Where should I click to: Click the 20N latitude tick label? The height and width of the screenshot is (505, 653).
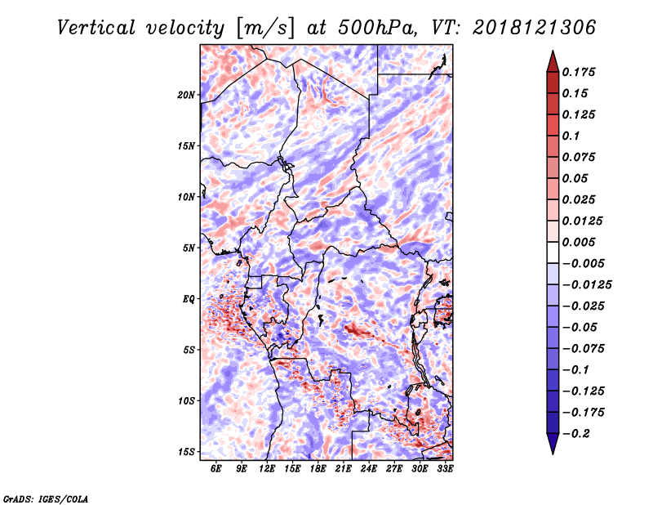pos(186,95)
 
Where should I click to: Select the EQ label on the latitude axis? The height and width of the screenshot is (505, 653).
pos(189,299)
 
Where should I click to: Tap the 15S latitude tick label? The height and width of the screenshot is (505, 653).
pos(186,452)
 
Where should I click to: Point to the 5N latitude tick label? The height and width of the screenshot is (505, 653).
pos(189,248)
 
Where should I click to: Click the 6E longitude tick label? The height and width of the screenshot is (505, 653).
pos(215,468)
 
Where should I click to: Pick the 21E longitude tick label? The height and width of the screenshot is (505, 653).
pos(344,468)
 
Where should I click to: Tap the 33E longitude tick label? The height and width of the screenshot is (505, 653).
pos(445,468)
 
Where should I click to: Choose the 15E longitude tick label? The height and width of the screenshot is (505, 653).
pos(292,468)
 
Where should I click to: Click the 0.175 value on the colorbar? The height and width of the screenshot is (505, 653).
pos(579,72)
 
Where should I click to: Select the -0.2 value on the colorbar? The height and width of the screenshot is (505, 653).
pos(576,434)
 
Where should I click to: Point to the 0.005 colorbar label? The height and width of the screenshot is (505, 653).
pos(579,242)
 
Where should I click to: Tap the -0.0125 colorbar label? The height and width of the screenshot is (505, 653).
pos(587,285)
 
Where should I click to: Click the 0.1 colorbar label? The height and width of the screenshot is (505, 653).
pos(571,136)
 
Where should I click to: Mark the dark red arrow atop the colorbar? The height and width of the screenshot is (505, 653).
pos(553,61)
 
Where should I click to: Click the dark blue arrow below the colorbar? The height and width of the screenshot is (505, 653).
pos(553,444)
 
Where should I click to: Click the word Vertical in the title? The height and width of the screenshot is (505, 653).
pos(96,28)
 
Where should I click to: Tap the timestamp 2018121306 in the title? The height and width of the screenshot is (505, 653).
pos(534,28)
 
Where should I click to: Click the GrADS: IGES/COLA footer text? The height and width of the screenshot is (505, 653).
pos(46,498)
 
